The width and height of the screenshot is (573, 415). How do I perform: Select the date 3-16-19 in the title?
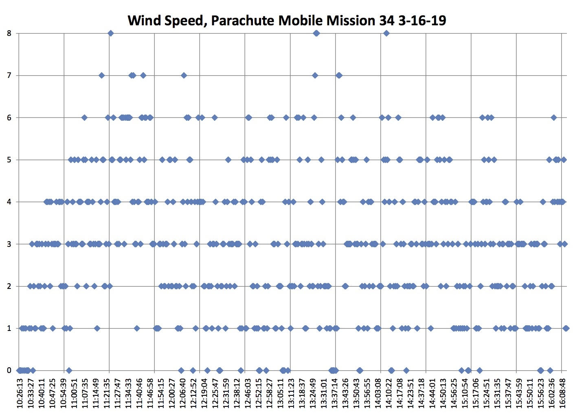(422, 20)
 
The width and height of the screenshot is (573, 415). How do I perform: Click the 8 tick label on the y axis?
(9, 33)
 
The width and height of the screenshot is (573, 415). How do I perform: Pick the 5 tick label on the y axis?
(9, 160)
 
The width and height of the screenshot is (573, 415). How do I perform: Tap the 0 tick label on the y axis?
(9, 371)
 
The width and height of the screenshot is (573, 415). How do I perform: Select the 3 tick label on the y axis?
(9, 244)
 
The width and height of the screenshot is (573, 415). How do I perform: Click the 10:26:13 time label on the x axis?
(20, 393)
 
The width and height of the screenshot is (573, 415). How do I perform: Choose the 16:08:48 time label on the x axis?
(562, 393)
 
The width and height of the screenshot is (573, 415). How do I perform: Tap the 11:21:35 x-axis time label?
(110, 393)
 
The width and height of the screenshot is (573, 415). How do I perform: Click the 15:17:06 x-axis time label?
(472, 393)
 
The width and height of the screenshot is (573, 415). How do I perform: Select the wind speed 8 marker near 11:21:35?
(110, 33)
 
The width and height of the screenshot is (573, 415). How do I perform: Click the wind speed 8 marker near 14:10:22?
(386, 33)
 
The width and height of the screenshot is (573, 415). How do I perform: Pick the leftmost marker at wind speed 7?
(102, 75)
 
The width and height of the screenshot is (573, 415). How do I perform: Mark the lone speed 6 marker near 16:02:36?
(553, 118)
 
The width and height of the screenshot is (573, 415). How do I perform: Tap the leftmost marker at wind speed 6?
(84, 118)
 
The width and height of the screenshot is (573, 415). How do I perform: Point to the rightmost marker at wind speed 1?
(566, 328)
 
